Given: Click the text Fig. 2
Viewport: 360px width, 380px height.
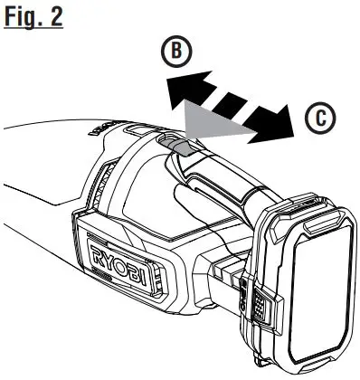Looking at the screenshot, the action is point(33,18).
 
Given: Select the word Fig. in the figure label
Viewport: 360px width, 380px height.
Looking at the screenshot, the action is point(23,18).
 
